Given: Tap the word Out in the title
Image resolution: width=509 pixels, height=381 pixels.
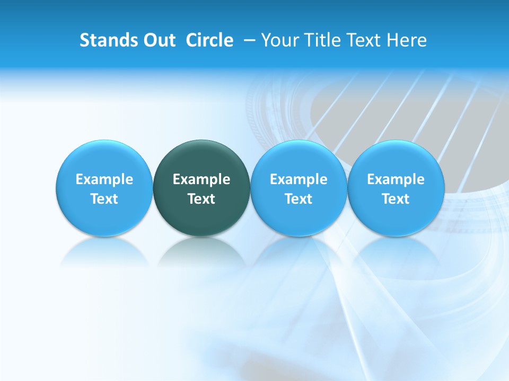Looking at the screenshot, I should [x=157, y=40].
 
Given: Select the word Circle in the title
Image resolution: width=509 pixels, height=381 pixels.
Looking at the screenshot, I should [x=209, y=40].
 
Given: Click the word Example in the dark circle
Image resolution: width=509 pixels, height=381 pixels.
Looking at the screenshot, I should [x=201, y=179].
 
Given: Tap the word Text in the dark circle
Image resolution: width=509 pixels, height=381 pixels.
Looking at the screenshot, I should [x=201, y=199].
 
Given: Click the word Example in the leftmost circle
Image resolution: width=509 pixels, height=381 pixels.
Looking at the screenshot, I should [x=104, y=179].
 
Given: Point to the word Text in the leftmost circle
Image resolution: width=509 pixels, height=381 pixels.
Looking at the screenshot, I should [x=104, y=199].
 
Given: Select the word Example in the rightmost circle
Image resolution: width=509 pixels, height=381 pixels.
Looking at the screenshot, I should [x=396, y=179].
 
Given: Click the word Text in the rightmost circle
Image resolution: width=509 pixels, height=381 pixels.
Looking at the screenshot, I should [x=396, y=199].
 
